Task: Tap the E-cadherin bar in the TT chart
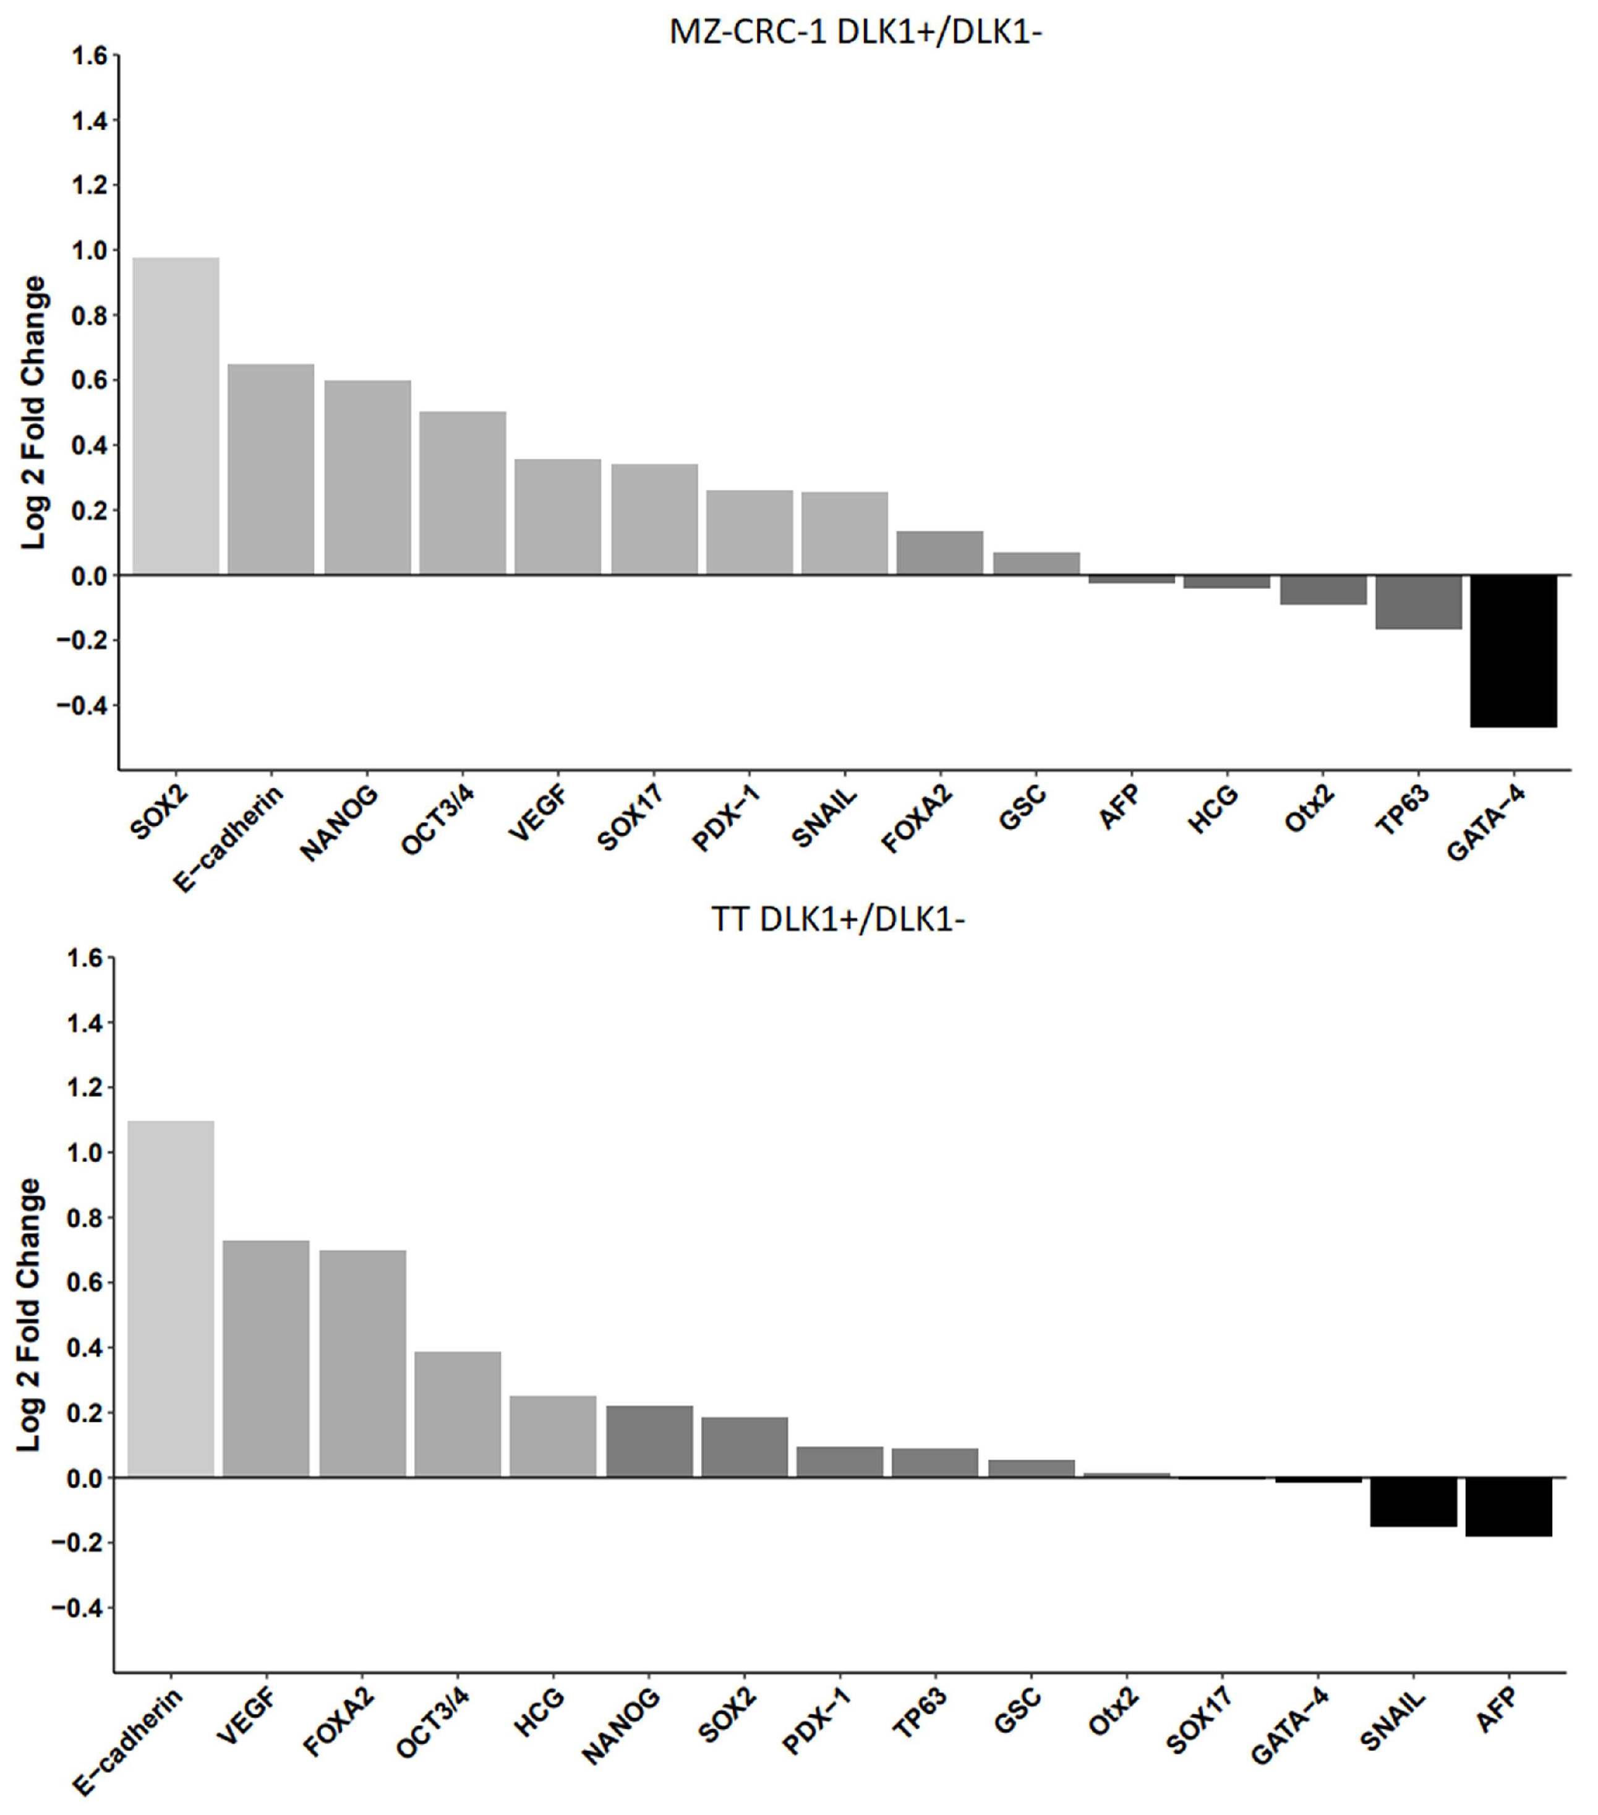[171, 1298]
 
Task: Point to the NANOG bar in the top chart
[367, 478]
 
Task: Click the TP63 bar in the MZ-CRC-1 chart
[1418, 602]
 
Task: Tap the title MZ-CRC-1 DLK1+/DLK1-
[854, 32]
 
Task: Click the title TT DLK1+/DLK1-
[837, 919]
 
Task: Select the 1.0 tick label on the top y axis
[89, 251]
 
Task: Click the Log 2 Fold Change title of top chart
[34, 413]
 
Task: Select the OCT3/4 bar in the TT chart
[457, 1415]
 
